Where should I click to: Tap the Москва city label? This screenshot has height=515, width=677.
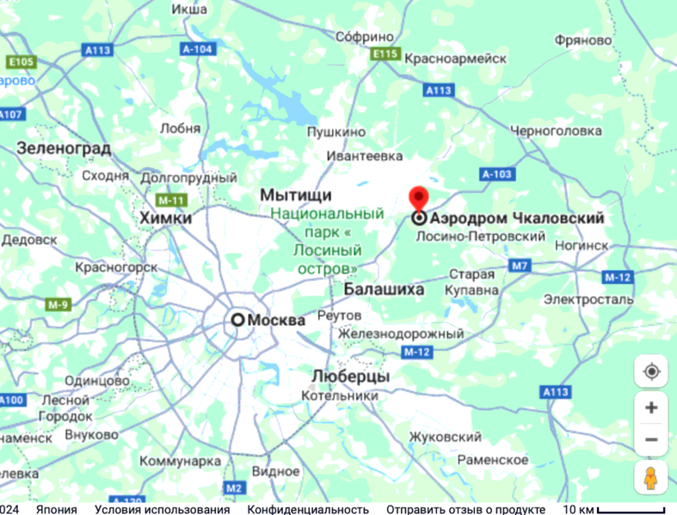[276, 321]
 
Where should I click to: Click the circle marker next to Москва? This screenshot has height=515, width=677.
[237, 320]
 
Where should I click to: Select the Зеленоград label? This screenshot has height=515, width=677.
[64, 149]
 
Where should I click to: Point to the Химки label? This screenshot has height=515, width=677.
[166, 219]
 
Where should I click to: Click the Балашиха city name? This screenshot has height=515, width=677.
[384, 291]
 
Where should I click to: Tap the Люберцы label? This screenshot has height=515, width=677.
[350, 377]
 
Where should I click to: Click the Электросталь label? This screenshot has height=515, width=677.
[588, 300]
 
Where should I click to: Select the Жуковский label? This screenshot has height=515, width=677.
[442, 437]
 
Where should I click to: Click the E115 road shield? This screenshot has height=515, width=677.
[386, 54]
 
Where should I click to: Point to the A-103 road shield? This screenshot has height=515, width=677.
[497, 175]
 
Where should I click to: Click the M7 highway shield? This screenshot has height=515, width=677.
[520, 266]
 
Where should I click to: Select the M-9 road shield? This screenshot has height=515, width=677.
[58, 304]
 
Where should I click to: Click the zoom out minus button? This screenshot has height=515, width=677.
[651, 440]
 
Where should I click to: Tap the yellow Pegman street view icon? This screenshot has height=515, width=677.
[651, 478]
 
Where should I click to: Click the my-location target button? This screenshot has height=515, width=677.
[651, 371]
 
